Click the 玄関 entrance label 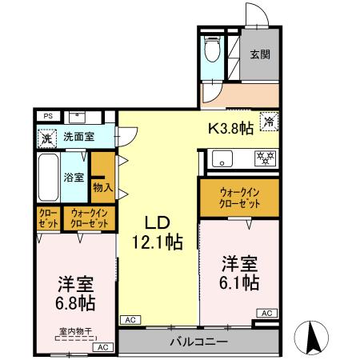click(x=258, y=55)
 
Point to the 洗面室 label click(x=79, y=137)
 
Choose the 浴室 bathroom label click(x=74, y=176)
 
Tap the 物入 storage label click(x=102, y=187)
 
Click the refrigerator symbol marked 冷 click(x=269, y=122)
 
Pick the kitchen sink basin click(x=221, y=158)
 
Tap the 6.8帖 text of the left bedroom click(x=75, y=303)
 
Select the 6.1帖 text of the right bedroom click(x=239, y=282)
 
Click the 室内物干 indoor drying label click(x=75, y=330)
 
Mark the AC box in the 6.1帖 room click(x=266, y=313)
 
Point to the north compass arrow click(x=314, y=336)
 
